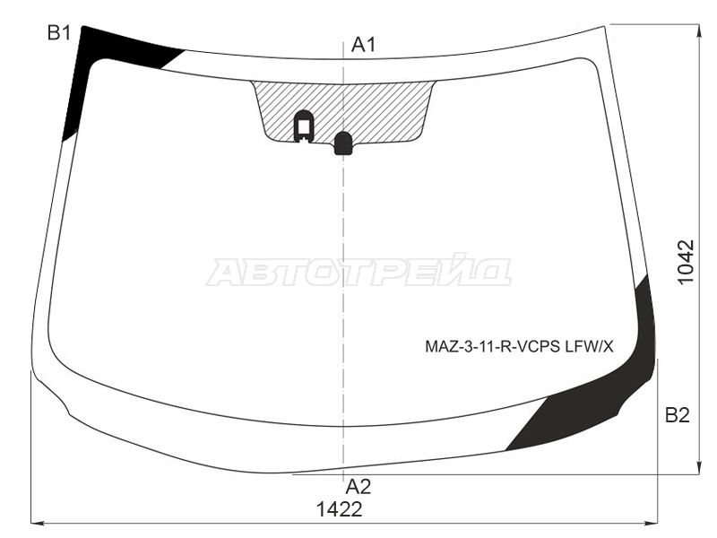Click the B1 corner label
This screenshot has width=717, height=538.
pyautogui.click(x=59, y=32)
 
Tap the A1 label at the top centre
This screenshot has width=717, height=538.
pyautogui.click(x=364, y=44)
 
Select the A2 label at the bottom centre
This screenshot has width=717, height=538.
pyautogui.click(x=358, y=487)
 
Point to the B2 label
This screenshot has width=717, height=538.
pyautogui.click(x=678, y=415)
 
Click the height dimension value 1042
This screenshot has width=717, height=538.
pyautogui.click(x=686, y=262)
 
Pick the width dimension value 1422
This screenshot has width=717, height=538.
pyautogui.click(x=340, y=508)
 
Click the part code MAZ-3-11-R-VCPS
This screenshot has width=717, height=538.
pyautogui.click(x=492, y=347)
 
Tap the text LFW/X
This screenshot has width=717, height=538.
pyautogui.click(x=590, y=347)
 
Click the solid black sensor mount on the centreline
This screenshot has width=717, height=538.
pyautogui.click(x=343, y=143)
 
